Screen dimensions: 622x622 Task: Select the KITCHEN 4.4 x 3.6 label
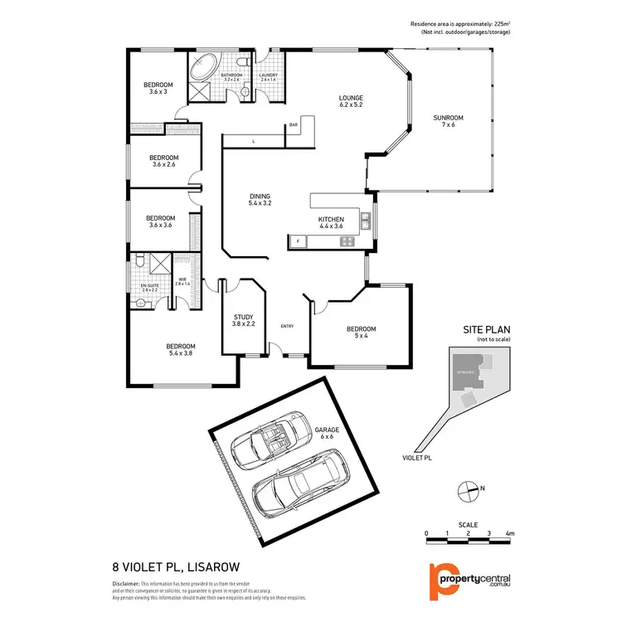click(331, 222)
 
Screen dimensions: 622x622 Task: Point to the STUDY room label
click(243, 319)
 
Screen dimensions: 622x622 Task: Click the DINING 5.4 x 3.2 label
click(260, 199)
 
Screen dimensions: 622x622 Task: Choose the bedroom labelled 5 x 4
click(361, 332)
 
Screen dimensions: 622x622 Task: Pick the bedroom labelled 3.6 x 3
click(158, 88)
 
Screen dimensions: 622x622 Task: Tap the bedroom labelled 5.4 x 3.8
click(180, 349)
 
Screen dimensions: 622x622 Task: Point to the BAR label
click(293, 125)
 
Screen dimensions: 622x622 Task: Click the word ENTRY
click(288, 326)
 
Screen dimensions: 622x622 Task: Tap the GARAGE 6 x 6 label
click(327, 432)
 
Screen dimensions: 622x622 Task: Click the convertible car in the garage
click(271, 445)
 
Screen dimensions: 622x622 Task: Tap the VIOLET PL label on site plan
click(416, 457)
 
